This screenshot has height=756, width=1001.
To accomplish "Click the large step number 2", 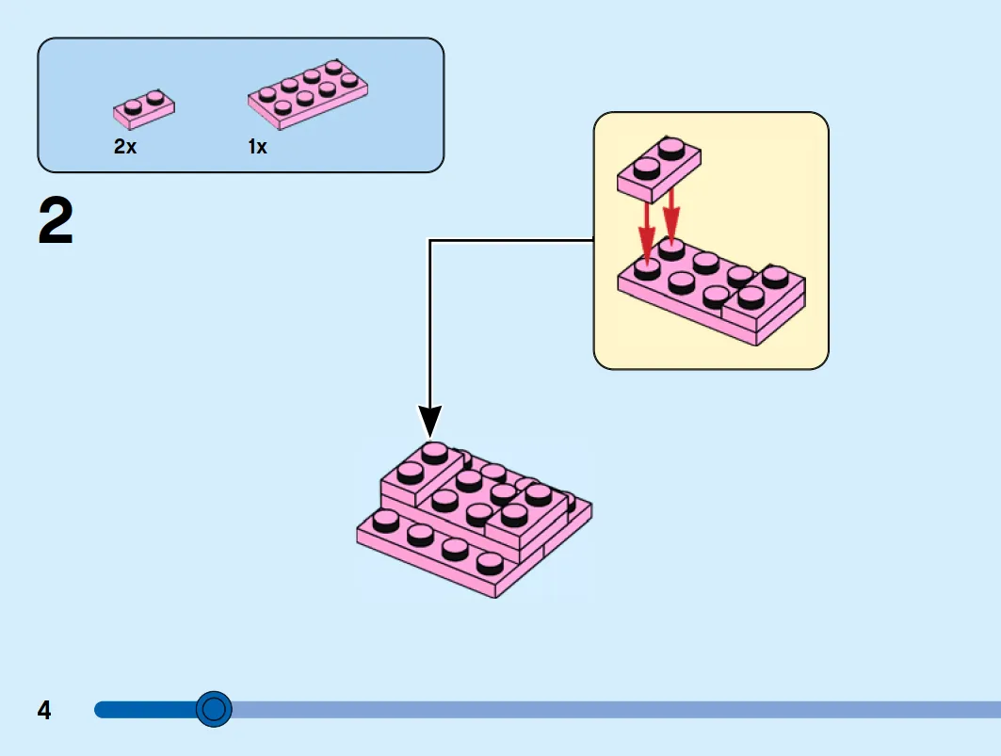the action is (x=56, y=220).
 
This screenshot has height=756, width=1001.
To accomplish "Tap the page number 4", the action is (x=44, y=710).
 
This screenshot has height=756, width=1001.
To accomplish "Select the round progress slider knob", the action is (x=214, y=709).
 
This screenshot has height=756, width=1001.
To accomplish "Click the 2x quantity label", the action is (x=125, y=147).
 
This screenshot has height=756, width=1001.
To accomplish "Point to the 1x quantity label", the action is (x=257, y=147).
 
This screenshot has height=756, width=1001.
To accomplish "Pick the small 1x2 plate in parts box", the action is (x=144, y=109).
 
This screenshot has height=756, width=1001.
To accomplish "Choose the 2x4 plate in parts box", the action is (x=308, y=94).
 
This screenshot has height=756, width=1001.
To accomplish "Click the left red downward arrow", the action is (x=647, y=233).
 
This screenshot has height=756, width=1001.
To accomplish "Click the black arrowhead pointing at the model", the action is (x=430, y=422).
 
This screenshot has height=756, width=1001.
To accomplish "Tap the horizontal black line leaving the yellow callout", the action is (x=511, y=240).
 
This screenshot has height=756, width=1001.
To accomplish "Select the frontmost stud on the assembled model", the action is (x=490, y=563).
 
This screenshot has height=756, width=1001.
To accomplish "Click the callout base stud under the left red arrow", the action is (x=647, y=268).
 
